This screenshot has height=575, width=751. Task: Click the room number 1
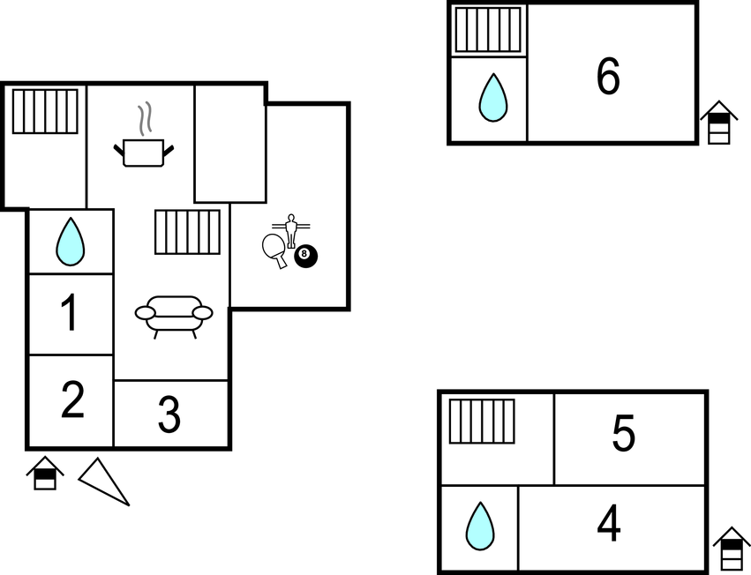click(70, 314)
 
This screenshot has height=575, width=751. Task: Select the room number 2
click(72, 400)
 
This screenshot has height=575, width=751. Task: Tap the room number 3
click(169, 415)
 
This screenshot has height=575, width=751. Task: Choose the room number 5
click(623, 434)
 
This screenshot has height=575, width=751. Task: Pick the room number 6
click(608, 77)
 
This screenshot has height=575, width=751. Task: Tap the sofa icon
click(174, 315)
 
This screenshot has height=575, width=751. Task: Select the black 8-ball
click(305, 257)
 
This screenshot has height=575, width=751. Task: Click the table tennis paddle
click(274, 249)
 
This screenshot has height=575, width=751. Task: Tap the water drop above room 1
click(71, 242)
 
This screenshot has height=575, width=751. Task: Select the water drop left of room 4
click(480, 526)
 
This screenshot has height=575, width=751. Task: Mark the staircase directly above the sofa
click(187, 232)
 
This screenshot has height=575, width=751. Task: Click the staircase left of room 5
click(482, 421)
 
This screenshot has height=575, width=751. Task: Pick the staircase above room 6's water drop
click(487, 30)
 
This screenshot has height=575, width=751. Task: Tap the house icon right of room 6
click(718, 122)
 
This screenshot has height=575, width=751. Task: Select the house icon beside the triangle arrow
click(44, 473)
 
